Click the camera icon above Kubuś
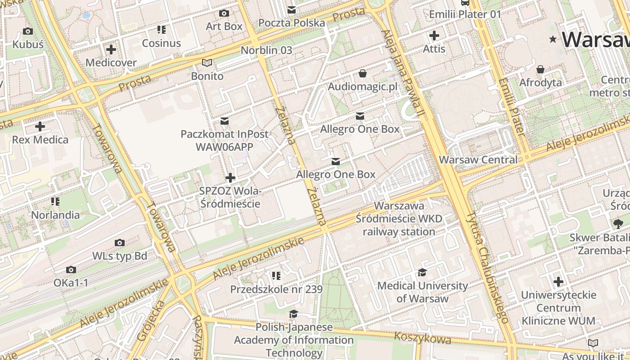pyautogui.click(x=27, y=31)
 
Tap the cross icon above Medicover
pyautogui.click(x=111, y=49)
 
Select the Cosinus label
pyautogui.click(x=161, y=43)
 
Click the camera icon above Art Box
pyautogui.click(x=224, y=13)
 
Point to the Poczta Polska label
pyautogui.click(x=292, y=22)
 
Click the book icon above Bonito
pyautogui.click(x=207, y=63)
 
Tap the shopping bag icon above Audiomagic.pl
pyautogui.click(x=363, y=73)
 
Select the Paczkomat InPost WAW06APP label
pyautogui.click(x=224, y=140)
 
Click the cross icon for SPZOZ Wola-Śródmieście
pyautogui.click(x=230, y=178)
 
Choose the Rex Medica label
pyautogui.click(x=40, y=139)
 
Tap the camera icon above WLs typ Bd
pyautogui.click(x=119, y=243)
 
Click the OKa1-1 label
pyautogui.click(x=71, y=283)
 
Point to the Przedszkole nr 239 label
pyautogui.click(x=276, y=289)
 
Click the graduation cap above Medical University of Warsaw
pyautogui.click(x=422, y=272)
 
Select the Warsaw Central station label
pyautogui.click(x=478, y=160)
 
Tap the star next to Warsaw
pyautogui.click(x=553, y=40)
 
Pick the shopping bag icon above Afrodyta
pyautogui.click(x=540, y=69)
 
